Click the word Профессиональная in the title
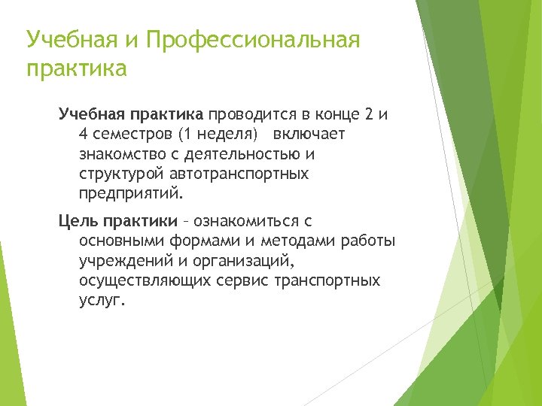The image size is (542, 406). pyautogui.click(x=254, y=40)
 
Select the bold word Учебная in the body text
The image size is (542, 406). pyautogui.click(x=93, y=114)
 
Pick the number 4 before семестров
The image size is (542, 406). pyautogui.click(x=84, y=134)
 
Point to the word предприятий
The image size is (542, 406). pyautogui.click(x=129, y=193)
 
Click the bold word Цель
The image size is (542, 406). pyautogui.click(x=79, y=221)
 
